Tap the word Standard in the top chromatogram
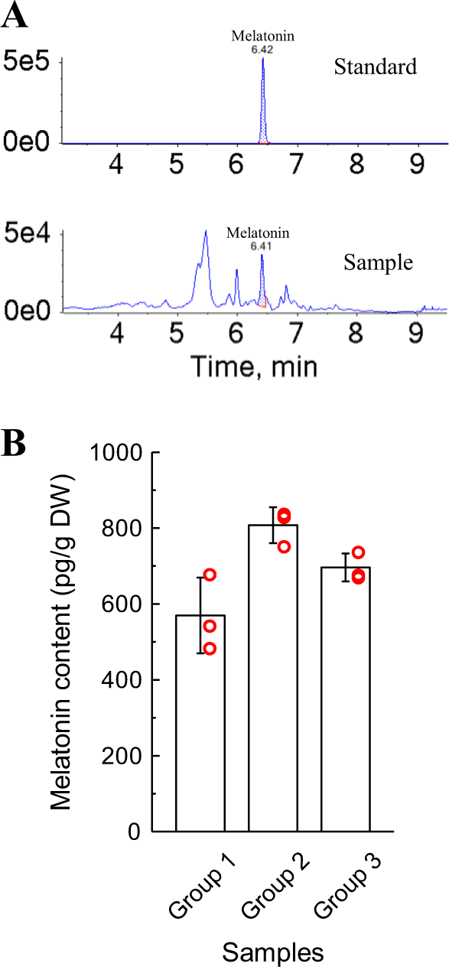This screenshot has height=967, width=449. [x=375, y=67]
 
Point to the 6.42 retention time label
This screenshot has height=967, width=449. [x=262, y=47]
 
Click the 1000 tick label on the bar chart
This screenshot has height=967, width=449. [x=116, y=453]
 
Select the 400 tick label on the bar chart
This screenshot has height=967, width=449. [x=122, y=680]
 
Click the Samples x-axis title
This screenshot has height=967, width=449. [x=272, y=952]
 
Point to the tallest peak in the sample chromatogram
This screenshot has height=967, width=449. [x=206, y=232]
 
